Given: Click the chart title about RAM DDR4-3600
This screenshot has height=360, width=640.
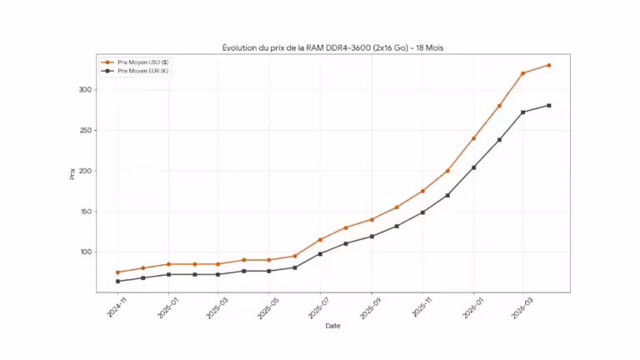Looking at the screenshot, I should point(332,47).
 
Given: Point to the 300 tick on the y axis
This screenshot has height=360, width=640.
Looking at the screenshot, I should point(86,90).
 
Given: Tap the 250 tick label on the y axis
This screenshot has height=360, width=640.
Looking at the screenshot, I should point(86,131).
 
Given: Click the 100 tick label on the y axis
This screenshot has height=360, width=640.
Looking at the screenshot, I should point(86,252).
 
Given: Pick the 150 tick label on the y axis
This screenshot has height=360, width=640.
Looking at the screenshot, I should point(86,212).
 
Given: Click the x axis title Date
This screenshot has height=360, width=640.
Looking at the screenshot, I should point(332,326).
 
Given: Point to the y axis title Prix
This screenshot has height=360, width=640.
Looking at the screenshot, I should point(72,174).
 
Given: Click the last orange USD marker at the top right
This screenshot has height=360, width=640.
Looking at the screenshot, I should point(548,65).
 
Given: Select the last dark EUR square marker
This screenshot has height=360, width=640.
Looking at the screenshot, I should point(548,105).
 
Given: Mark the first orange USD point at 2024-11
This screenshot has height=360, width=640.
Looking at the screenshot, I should point(117,272).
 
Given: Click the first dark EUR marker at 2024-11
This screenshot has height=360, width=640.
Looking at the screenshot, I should point(117,281).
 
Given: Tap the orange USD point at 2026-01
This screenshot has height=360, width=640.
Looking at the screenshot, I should point(473,138).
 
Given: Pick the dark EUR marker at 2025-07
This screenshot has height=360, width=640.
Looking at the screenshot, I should point(320,253).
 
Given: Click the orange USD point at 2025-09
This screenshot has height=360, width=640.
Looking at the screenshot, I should point(372,219).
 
